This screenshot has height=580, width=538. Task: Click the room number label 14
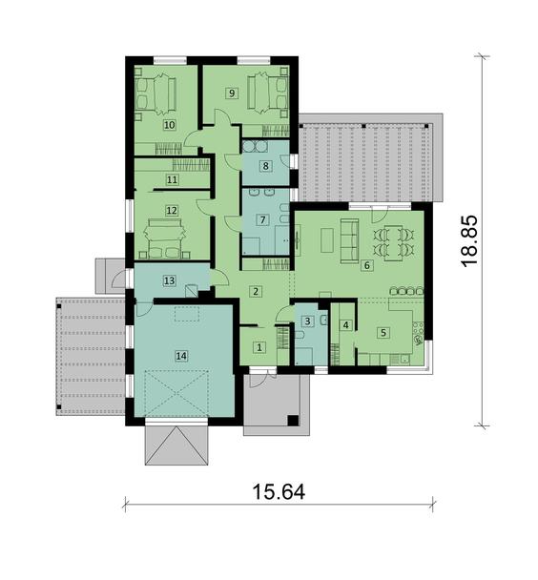click(181, 356)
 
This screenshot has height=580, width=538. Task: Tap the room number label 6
click(367, 265)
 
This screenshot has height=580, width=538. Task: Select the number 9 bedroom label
click(232, 93)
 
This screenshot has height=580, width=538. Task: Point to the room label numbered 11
click(172, 179)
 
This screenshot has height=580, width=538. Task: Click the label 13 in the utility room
click(169, 280)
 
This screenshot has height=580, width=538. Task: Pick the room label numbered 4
click(345, 325)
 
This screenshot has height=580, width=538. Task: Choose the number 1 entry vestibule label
click(259, 347)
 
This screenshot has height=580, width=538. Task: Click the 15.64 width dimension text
click(279, 492)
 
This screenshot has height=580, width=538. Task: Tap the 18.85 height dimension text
click(469, 240)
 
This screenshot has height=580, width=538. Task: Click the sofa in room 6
click(349, 240)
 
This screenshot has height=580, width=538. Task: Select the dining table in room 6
click(393, 243)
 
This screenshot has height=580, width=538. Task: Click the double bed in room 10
click(155, 93)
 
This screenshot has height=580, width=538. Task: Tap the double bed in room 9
click(268, 93)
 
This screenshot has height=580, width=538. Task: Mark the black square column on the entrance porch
click(293, 420)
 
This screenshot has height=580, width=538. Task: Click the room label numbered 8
click(265, 166)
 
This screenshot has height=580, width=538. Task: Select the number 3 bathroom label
click(307, 321)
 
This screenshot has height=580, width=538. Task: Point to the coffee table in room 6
click(327, 240)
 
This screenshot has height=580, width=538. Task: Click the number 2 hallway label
click(256, 291)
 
